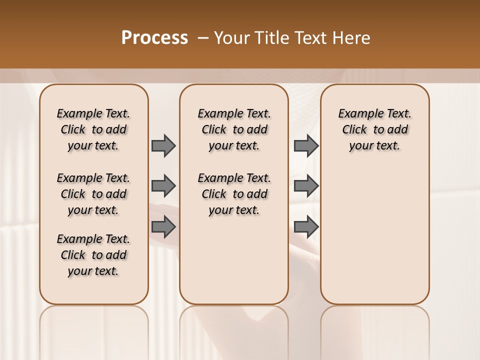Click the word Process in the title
click(154, 38)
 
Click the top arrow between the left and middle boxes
click(163, 145)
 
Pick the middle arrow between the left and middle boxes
click(163, 186)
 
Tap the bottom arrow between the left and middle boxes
click(163, 227)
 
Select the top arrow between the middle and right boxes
click(306, 145)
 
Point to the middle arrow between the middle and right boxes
click(306, 186)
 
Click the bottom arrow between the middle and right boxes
click(306, 227)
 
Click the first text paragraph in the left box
click(93, 129)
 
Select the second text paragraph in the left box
click(93, 194)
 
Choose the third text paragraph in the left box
click(93, 255)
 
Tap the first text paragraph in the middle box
click(234, 129)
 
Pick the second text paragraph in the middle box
click(234, 194)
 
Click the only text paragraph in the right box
click(375, 129)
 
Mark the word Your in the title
click(232, 38)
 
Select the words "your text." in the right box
click(375, 146)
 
